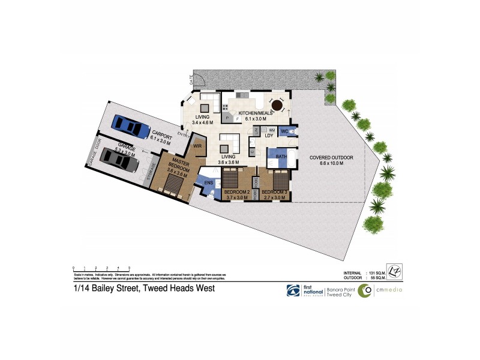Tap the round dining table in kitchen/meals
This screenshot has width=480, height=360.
click(x=277, y=105)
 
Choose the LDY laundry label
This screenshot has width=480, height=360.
click(x=269, y=136)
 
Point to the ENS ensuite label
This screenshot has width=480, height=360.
click(x=209, y=182)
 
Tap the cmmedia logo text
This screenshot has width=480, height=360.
click(x=389, y=290)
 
